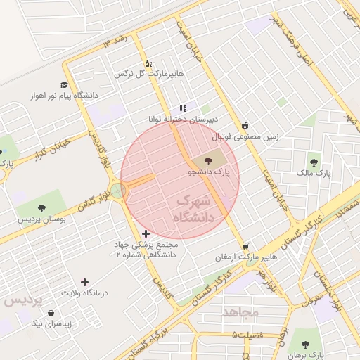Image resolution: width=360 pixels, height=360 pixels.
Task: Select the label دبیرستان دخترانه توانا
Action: pos(178,120)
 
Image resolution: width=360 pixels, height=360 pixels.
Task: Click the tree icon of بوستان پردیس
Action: pos(41,208)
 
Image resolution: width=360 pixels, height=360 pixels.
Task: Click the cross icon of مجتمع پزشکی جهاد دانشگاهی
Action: pos(146,233)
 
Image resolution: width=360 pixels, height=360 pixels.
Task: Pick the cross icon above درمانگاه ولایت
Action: pos(84,281)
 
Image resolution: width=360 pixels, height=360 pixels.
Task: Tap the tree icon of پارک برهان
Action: pos(305,344)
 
